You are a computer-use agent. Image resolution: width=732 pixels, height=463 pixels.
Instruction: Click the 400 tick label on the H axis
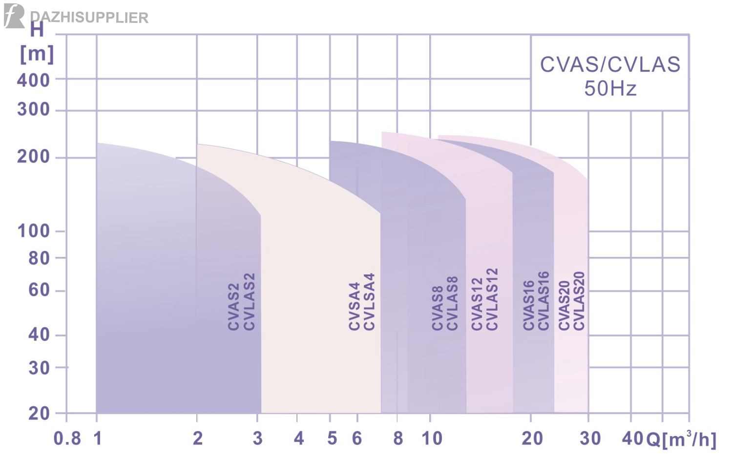pyautogui.click(x=33, y=80)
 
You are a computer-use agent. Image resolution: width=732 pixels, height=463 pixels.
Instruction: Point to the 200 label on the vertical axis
pyautogui.click(x=33, y=157)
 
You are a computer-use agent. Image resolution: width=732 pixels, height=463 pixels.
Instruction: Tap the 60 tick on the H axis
pyautogui.click(x=39, y=290)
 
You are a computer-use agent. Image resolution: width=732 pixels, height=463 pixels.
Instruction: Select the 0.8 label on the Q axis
pyautogui.click(x=67, y=439)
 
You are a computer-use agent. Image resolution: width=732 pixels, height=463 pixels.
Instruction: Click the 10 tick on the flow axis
pyautogui.click(x=432, y=439)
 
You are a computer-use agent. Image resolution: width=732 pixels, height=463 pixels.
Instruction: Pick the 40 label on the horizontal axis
pyautogui.click(x=633, y=439)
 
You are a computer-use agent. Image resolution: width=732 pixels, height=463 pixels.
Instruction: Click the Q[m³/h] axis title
pyautogui.click(x=682, y=440)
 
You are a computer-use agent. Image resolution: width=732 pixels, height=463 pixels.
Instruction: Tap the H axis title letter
pyautogui.click(x=37, y=30)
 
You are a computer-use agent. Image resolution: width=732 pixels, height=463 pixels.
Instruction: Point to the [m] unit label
pyautogui.click(x=37, y=53)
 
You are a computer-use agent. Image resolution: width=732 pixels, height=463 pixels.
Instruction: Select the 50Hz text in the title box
pyautogui.click(x=610, y=89)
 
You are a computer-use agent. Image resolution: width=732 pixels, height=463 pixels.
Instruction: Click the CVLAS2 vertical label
pyautogui.click(x=250, y=301)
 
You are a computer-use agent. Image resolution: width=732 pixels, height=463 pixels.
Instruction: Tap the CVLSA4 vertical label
pyautogui.click(x=370, y=301)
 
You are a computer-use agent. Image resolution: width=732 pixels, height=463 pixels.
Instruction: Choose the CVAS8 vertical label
pyautogui.click(x=437, y=308)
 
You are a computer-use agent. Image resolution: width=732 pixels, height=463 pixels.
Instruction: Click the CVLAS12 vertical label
pyautogui.click(x=492, y=299)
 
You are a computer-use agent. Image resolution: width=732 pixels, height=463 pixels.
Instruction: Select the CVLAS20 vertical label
pyautogui.click(x=579, y=301)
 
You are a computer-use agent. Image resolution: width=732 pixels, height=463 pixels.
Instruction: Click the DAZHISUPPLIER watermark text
pyautogui.click(x=89, y=18)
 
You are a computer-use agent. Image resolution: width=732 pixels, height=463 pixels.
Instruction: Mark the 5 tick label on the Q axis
pyautogui.click(x=332, y=439)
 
